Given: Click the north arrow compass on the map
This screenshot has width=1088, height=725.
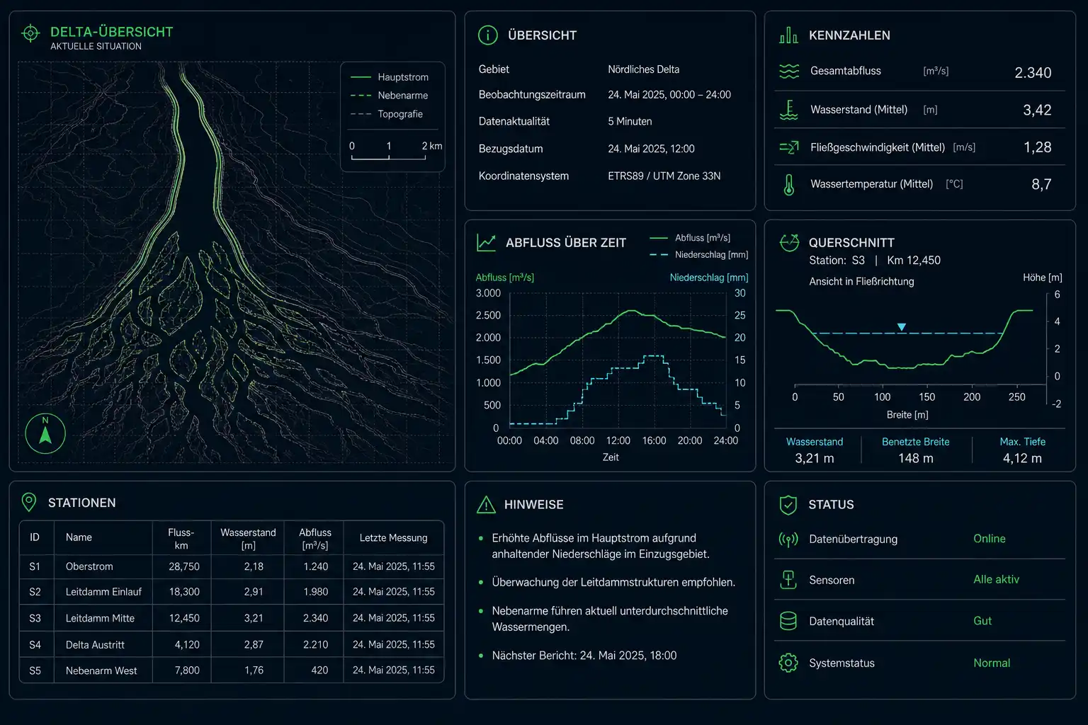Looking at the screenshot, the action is [x=45, y=433].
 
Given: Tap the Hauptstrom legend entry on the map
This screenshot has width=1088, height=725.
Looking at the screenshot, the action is [x=390, y=77].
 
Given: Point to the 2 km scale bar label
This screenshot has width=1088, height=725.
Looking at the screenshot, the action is [x=432, y=146].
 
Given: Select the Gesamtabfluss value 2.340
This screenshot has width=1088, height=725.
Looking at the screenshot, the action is [x=1033, y=73].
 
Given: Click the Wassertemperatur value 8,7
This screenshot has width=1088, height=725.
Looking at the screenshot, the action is [x=1041, y=184].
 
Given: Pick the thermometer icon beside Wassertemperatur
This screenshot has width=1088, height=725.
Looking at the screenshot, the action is [x=789, y=185].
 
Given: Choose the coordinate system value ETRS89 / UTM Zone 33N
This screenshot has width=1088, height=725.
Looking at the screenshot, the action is [x=664, y=176].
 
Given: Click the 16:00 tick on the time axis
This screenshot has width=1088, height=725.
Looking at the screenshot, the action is [x=654, y=440].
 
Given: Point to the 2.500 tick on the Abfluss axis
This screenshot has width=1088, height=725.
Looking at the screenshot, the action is [x=488, y=315].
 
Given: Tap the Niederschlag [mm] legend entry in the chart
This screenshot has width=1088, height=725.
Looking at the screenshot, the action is [x=699, y=254].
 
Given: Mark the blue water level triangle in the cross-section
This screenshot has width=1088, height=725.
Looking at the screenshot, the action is [x=902, y=327].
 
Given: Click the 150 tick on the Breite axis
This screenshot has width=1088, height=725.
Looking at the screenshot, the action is [x=926, y=396].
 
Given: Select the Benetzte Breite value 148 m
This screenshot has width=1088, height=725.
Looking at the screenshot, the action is [x=916, y=458].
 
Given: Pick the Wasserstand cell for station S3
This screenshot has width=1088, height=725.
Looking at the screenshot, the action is [x=254, y=617].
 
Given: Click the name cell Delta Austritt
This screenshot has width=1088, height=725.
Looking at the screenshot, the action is [x=95, y=644].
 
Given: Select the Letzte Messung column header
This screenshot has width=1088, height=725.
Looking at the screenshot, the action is [x=393, y=537].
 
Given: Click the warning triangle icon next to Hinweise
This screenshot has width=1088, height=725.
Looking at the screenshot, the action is [x=486, y=505].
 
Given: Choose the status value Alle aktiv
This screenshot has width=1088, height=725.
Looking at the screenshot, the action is [x=996, y=579].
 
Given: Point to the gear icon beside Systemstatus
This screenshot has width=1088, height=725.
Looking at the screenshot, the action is [x=788, y=663].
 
